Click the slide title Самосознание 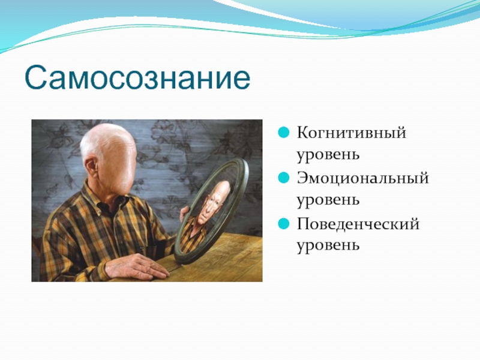[137, 77]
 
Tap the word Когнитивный [352, 133]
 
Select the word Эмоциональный [363, 178]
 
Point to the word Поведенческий [358, 224]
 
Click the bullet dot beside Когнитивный [283, 133]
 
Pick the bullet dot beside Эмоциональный [283, 178]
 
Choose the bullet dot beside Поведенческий [283, 223]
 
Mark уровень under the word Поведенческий [328, 246]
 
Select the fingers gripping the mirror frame [184, 214]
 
